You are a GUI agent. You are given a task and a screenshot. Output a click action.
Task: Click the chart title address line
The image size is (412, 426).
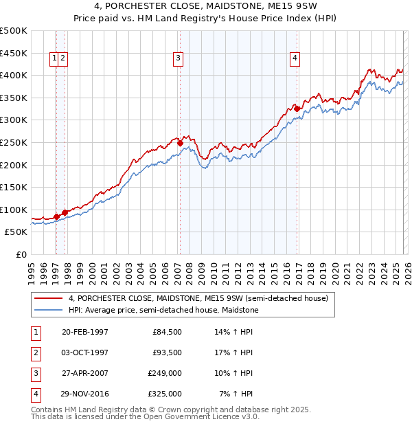coord(206,8)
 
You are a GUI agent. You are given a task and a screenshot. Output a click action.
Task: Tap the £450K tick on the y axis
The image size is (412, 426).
coord(14,53)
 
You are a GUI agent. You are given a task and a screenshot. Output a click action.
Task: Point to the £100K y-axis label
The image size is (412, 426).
coord(14,210)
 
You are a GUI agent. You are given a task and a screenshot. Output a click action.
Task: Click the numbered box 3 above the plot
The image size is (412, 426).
coord(178,59)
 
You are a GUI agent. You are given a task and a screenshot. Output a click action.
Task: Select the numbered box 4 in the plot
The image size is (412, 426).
coord(295,59)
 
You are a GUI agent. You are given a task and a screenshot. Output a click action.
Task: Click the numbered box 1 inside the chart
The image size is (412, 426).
coord(54,59)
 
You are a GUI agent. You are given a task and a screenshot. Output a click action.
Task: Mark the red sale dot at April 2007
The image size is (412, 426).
coord(180,144)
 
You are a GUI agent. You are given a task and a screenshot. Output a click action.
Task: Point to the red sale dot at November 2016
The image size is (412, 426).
coord(297,109)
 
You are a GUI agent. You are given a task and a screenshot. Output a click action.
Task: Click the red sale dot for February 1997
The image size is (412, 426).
coord(57,216)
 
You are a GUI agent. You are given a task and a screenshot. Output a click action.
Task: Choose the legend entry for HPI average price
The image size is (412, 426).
coord(163,311)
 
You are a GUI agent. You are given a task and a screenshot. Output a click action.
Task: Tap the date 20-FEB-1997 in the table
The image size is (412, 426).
coord(85,331)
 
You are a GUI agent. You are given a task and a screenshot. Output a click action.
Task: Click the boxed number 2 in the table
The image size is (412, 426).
coord(34,352)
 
